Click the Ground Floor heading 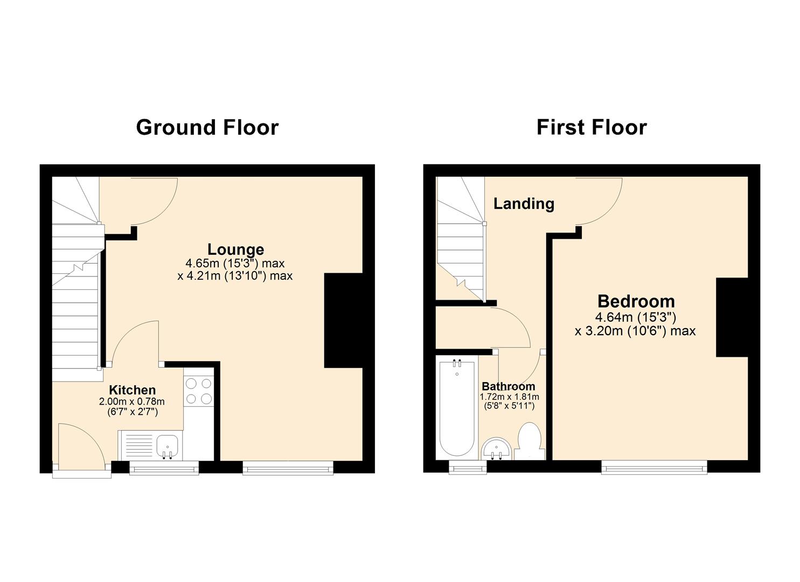coord(207,128)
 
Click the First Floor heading coord(591,128)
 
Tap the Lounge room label coord(235,250)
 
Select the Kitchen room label coord(132,390)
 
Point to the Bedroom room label coord(636,301)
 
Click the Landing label coord(524,204)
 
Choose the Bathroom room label coord(508,386)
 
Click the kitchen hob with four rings coord(198,391)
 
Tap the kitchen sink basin coord(168,447)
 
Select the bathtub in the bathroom coord(457,408)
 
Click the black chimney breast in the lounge coord(343,321)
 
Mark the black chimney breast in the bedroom coord(732,317)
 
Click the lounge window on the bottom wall coord(288,468)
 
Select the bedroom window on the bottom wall coord(653,467)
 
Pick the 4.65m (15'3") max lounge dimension coord(235,264)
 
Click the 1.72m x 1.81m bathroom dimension coord(509,397)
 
